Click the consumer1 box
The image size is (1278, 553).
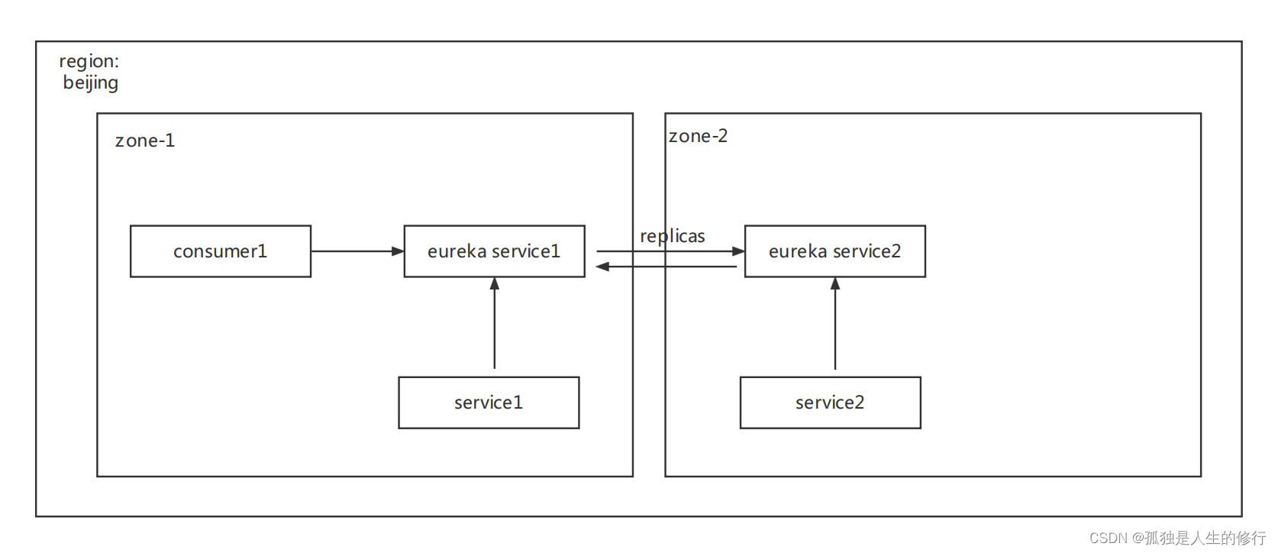[x=220, y=251]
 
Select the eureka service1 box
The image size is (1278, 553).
[x=494, y=251]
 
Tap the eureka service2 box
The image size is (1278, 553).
[x=834, y=251]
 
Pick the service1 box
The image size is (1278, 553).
[x=489, y=403]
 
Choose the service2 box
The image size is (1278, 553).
[x=830, y=403]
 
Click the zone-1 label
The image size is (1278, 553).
[x=145, y=141]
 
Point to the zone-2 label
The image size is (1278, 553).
[x=698, y=136]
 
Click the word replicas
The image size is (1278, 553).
[x=672, y=236]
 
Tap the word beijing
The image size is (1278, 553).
[x=90, y=82]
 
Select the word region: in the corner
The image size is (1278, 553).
[x=89, y=61]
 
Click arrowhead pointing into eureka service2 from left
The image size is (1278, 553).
[x=738, y=251]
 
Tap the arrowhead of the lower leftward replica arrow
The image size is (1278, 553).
[x=602, y=267]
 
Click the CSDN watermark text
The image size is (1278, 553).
[x=1176, y=538]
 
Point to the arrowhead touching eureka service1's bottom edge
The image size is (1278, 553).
[x=495, y=283]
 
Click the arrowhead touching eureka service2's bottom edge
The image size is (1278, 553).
[x=835, y=283]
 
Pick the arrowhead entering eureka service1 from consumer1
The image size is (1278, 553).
[x=398, y=251]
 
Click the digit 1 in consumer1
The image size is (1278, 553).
[x=263, y=251]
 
